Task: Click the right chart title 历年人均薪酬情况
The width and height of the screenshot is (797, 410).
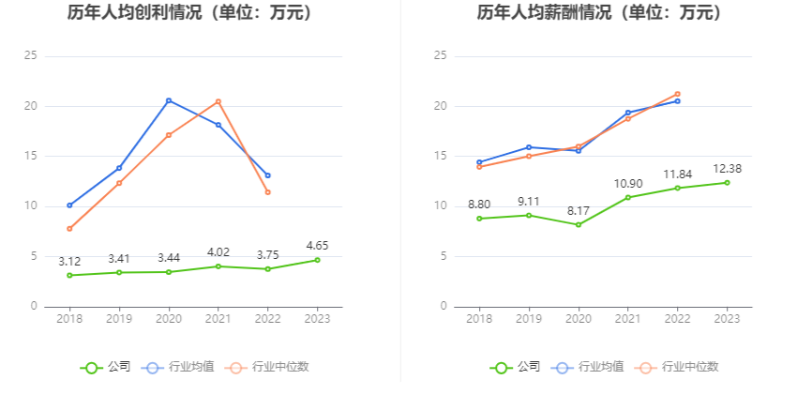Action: (600, 13)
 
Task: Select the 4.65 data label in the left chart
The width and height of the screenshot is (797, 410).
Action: (317, 246)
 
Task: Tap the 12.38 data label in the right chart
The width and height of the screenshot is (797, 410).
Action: (727, 168)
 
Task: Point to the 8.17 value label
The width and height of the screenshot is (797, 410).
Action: (579, 211)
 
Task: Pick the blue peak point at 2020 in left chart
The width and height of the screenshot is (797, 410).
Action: (169, 100)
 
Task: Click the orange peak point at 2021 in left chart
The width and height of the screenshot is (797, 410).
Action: (218, 101)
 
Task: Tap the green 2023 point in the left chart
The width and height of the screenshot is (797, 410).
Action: (317, 260)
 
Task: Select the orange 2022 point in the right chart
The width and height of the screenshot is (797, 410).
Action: (677, 94)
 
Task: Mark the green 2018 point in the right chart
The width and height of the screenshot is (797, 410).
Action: (479, 219)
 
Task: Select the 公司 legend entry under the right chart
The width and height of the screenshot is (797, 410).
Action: (516, 367)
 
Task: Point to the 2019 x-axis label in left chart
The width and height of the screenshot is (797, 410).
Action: (119, 319)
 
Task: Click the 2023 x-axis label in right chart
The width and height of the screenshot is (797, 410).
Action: (727, 319)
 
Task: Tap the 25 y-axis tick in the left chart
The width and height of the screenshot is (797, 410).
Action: (31, 56)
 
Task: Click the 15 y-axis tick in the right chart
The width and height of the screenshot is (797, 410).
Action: (440, 156)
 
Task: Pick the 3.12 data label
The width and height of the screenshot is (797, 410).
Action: (69, 261)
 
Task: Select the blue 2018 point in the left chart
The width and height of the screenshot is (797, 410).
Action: (69, 205)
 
